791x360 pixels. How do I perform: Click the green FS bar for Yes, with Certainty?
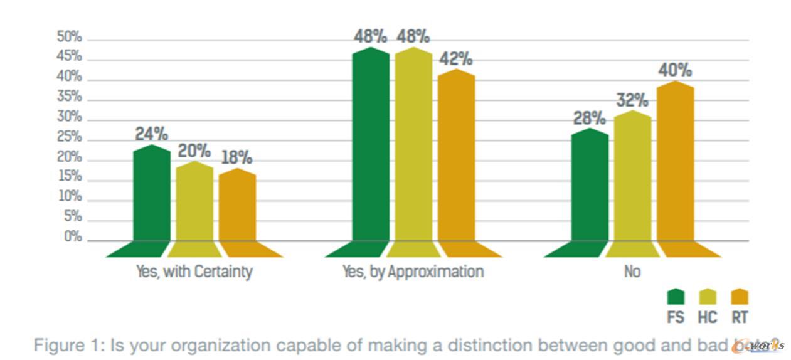pos(152,194)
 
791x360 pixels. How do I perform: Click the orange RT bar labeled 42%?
pos(456,157)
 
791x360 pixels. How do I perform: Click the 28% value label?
pos(590,118)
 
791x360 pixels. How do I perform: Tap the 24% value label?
pos(152,134)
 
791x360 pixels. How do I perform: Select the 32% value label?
pos(632,100)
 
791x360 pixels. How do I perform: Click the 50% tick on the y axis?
pos(69,37)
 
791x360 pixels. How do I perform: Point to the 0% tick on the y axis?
pos(73,237)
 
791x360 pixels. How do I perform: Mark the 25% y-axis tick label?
pos(69,137)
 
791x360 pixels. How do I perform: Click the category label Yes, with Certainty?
pos(194,272)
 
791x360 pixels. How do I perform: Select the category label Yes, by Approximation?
pos(413,272)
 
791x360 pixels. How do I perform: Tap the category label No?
pos(632,272)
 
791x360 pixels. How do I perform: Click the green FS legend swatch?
pos(676,296)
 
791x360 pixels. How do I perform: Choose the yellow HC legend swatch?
pos(708,296)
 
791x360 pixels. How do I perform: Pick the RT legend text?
pos(740,317)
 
